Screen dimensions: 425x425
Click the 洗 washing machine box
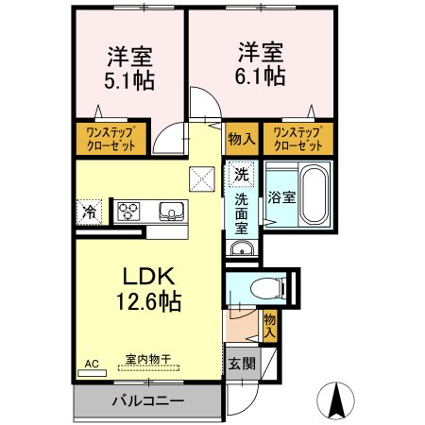click(241, 175)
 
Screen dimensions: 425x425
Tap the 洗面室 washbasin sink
click(241, 249)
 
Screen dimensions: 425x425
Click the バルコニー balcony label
click(148, 400)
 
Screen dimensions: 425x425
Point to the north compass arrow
click(334, 401)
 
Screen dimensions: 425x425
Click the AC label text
click(92, 362)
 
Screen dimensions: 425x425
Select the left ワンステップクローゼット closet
click(110, 139)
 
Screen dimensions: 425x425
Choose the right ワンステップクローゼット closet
click(297, 139)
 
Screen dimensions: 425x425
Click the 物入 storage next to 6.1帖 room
click(242, 139)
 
